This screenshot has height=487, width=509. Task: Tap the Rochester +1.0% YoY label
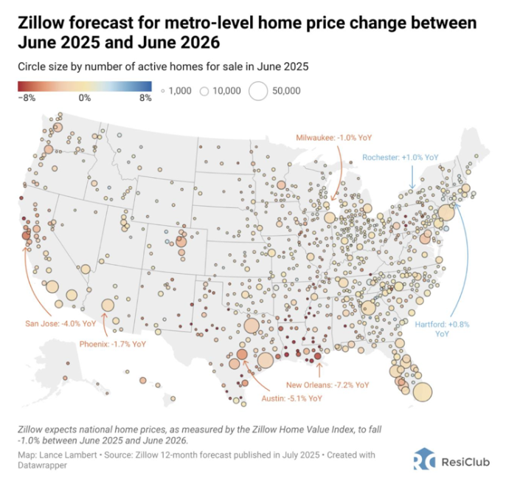click(x=401, y=157)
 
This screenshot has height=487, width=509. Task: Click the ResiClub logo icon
click(x=426, y=459)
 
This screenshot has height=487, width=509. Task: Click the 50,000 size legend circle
click(x=258, y=91)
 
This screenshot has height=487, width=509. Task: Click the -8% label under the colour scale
click(x=24, y=97)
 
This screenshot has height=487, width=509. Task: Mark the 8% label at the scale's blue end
click(x=145, y=97)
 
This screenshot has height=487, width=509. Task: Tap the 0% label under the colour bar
click(x=84, y=97)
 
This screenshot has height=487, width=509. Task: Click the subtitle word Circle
click(x=32, y=67)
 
